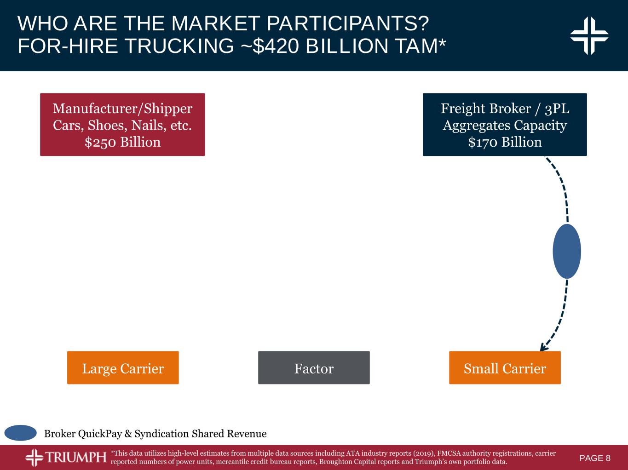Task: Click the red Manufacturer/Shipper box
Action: (x=122, y=124)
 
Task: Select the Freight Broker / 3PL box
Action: (x=505, y=124)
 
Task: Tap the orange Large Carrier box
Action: (x=123, y=367)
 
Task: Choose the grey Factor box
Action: (x=314, y=367)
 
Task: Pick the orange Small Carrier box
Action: (x=505, y=367)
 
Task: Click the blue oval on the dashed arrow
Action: (x=567, y=251)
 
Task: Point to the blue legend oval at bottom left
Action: (x=21, y=433)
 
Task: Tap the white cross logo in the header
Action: (x=589, y=36)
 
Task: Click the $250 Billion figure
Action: (x=122, y=142)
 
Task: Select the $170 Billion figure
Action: (x=505, y=142)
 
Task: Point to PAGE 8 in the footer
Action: (x=595, y=458)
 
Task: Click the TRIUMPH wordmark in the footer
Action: (x=75, y=458)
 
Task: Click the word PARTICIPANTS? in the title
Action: (x=348, y=23)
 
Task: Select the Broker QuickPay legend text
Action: (x=156, y=434)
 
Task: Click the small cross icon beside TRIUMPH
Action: (x=35, y=458)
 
